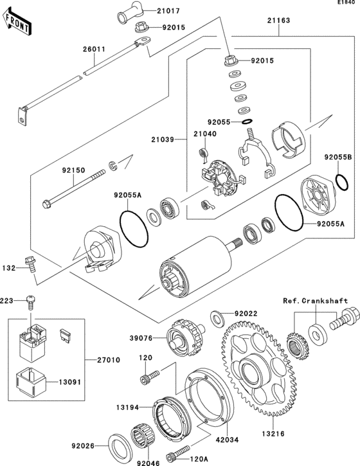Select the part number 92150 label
point(74,171)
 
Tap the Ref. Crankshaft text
point(315,301)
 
